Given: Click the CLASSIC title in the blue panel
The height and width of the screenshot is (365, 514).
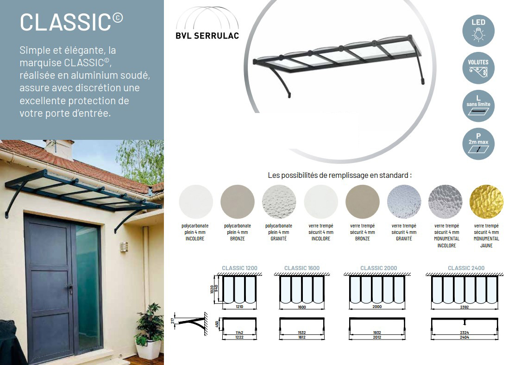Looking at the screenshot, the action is click(x=71, y=22).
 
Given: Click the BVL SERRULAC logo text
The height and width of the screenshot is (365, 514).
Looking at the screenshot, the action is click(x=207, y=36).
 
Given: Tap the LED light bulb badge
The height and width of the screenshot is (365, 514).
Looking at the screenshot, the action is click(x=478, y=31).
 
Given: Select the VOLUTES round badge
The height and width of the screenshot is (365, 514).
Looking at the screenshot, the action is click(x=478, y=68).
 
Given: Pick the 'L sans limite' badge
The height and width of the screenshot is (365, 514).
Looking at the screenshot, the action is click(x=478, y=106).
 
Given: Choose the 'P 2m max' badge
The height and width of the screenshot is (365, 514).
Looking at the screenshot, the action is click(x=478, y=144).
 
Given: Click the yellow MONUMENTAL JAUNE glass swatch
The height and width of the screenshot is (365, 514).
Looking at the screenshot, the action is click(x=487, y=201).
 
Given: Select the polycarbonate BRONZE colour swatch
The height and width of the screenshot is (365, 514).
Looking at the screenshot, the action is click(x=238, y=201).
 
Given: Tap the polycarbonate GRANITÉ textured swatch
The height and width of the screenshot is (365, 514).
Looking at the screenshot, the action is click(x=279, y=201).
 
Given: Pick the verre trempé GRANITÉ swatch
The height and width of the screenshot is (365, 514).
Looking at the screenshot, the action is click(x=404, y=201).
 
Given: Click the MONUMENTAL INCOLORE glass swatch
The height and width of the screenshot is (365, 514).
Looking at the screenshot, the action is click(x=445, y=201).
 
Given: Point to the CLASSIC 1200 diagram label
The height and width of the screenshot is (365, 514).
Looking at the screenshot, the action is click(x=239, y=268).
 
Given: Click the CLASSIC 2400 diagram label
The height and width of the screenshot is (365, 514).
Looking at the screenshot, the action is click(x=466, y=268).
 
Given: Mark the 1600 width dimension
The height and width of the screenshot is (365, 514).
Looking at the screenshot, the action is click(x=302, y=307).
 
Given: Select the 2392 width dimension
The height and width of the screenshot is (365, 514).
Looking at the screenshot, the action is click(x=464, y=307).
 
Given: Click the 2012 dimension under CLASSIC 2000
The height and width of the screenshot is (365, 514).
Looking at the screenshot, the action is click(x=377, y=337).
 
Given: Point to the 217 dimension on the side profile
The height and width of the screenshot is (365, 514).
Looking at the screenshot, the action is click(x=173, y=321).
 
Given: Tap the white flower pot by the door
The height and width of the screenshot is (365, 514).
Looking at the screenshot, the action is click(x=149, y=349).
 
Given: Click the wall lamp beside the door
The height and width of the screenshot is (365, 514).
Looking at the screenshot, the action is click(x=124, y=246).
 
